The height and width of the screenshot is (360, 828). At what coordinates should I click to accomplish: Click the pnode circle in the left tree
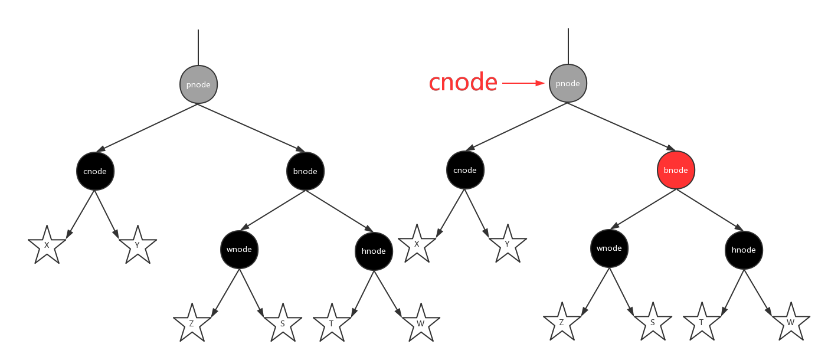[198, 84]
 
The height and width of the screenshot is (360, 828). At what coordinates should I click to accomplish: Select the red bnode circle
[676, 170]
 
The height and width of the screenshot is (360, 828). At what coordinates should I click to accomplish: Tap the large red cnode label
[463, 83]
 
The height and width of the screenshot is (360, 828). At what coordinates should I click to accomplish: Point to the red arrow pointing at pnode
[523, 84]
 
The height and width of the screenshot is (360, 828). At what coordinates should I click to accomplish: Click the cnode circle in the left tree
[95, 171]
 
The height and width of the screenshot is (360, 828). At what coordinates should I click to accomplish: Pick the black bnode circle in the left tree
[305, 171]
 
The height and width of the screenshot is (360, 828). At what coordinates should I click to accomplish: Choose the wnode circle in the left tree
[239, 249]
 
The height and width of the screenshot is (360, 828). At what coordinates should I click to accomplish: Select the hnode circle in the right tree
[744, 250]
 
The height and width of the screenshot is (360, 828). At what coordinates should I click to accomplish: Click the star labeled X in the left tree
[47, 246]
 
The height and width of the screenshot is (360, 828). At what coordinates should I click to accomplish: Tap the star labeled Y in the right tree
[508, 244]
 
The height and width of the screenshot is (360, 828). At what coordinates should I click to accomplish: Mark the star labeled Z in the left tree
[192, 323]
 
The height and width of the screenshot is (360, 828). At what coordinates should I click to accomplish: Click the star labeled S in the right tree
[653, 322]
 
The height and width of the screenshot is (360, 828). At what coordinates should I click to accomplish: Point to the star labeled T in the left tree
[331, 323]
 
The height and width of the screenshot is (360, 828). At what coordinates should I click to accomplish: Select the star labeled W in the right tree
[790, 322]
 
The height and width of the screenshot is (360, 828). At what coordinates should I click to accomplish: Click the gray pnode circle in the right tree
[568, 83]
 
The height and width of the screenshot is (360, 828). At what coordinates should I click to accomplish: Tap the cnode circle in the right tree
[465, 170]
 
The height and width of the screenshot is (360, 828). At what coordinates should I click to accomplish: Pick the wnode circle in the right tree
[609, 248]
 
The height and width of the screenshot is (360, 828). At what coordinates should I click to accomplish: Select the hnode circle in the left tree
[374, 251]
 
